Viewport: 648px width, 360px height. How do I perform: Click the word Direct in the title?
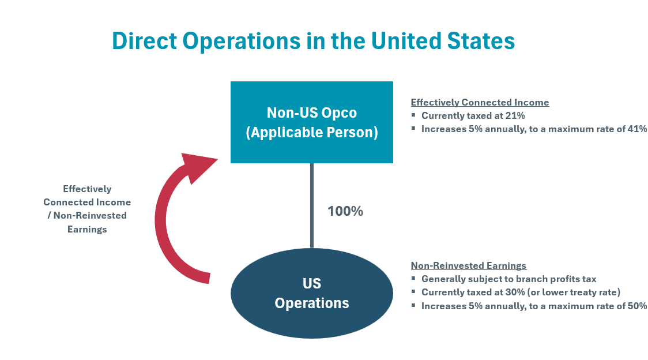144,40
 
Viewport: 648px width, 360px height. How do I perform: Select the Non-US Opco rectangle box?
311,122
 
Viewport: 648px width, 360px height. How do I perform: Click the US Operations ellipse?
311,293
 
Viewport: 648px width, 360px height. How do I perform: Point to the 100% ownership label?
345,211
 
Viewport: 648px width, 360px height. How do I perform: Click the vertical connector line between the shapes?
311,205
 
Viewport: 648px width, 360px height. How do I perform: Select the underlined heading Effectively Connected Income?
480,102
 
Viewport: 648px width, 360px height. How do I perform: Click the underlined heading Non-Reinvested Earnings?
469,265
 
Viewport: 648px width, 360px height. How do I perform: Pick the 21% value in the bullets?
515,115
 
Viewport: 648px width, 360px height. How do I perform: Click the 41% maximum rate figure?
637,129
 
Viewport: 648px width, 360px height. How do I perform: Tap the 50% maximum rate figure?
637,306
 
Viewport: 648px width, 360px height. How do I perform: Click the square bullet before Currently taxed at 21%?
413,115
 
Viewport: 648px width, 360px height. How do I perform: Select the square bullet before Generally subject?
413,278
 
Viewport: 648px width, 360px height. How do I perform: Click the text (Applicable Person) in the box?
311,133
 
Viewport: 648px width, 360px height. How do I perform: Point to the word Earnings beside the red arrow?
87,229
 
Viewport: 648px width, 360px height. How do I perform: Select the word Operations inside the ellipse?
311,303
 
